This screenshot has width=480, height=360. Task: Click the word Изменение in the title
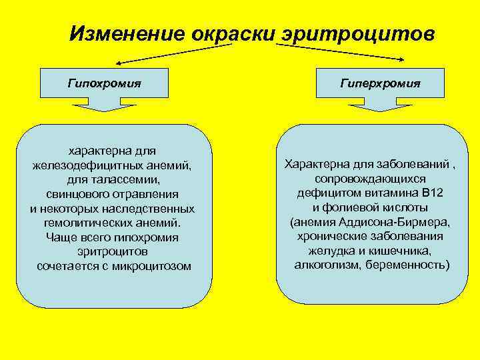pyautogui.click(x=128, y=33)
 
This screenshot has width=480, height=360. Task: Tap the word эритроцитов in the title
pyautogui.click(x=357, y=33)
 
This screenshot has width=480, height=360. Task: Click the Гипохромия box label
pyautogui.click(x=104, y=83)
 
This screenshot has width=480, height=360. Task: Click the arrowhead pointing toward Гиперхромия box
pyautogui.click(x=401, y=59)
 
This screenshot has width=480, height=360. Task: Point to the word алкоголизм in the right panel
pyautogui.click(x=325, y=265)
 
